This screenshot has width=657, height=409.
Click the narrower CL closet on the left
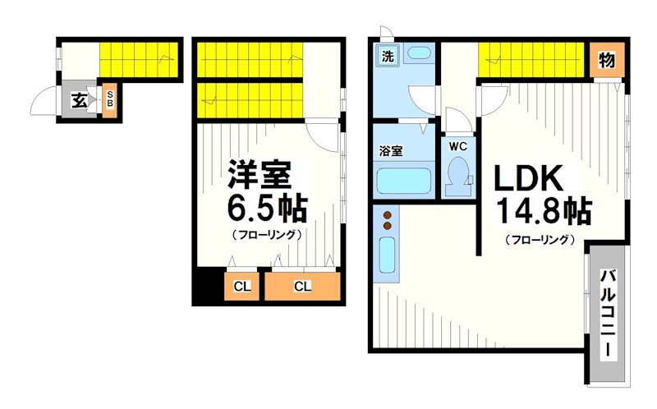tap(242, 287)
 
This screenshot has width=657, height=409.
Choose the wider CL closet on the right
tap(302, 287)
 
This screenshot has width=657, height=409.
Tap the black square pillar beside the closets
tap(209, 287)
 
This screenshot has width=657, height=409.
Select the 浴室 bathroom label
tap(391, 151)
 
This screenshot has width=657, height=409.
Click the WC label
tap(458, 145)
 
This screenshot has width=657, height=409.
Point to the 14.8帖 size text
tap(542, 211)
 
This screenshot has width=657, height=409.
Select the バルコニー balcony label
tap(606, 316)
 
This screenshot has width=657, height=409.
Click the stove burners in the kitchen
tap(387, 219)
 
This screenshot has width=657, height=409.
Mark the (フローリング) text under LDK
tap(539, 240)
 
